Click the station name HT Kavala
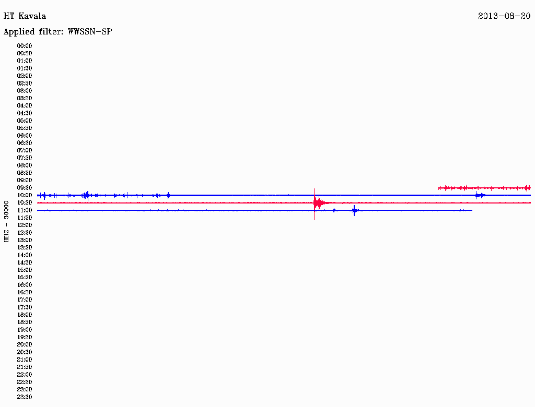[x=25, y=16]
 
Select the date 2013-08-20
[x=504, y=16]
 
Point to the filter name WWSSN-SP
[x=90, y=32]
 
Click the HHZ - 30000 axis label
[x=6, y=221]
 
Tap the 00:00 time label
[x=25, y=46]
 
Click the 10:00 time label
[x=25, y=195]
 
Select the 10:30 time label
[x=25, y=203]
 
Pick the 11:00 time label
[x=25, y=210]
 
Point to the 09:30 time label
[x=25, y=188]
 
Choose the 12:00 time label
[x=25, y=225]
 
